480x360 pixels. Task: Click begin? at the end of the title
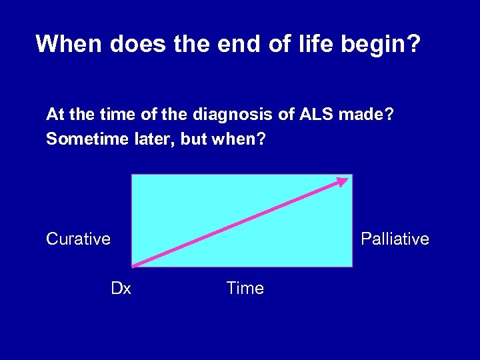click(x=387, y=45)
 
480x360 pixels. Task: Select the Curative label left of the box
click(x=78, y=239)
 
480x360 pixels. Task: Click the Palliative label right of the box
click(x=395, y=239)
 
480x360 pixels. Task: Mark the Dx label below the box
click(x=121, y=289)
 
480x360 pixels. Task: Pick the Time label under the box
click(x=245, y=289)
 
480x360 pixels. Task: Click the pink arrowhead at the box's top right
click(x=343, y=181)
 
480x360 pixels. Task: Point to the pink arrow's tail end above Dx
click(x=134, y=265)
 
